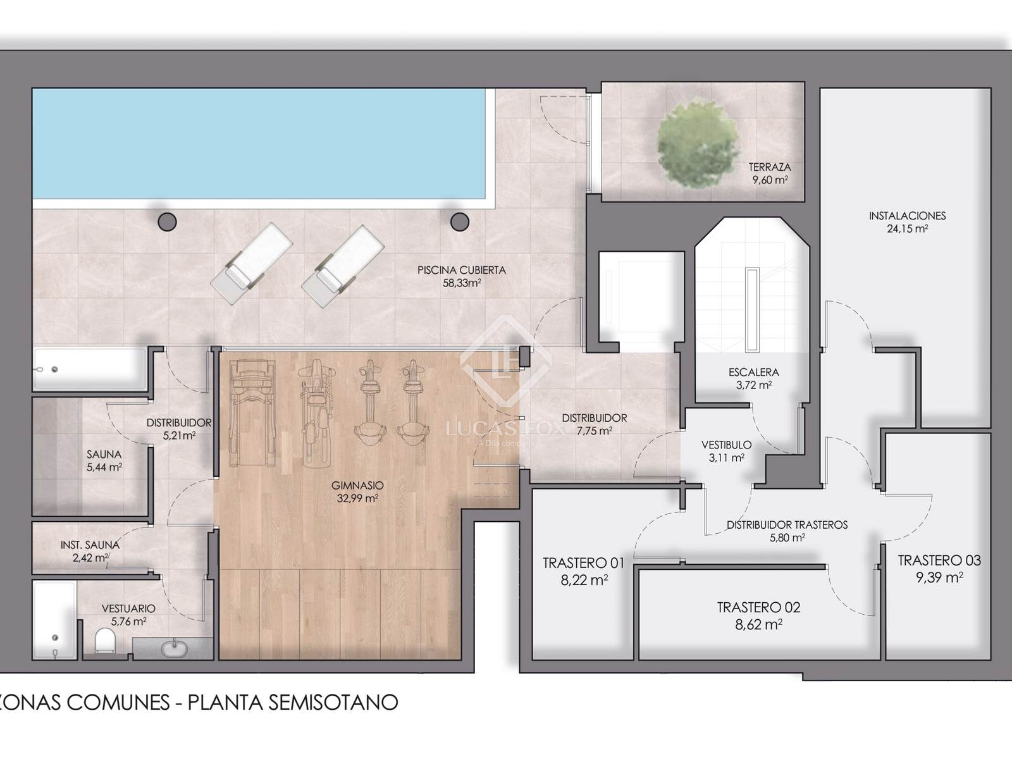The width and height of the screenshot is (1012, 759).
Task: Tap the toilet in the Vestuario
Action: click(104, 641)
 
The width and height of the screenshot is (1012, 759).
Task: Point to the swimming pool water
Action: click(259, 144)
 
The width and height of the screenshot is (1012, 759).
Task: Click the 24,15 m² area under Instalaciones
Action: click(908, 228)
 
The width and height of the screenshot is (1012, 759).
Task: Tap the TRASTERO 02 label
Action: click(758, 607)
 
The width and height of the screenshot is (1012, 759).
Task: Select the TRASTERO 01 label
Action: click(584, 563)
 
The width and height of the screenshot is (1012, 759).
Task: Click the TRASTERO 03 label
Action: click(939, 560)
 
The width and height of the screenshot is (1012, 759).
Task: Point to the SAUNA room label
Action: click(104, 454)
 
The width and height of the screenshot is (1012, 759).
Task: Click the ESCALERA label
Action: click(754, 372)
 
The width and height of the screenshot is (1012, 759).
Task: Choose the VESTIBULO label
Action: click(727, 445)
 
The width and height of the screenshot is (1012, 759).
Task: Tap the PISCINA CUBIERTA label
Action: click(462, 270)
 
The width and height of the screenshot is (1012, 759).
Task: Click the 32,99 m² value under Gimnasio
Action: click(357, 498)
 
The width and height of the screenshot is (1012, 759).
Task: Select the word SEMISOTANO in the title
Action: click(333, 702)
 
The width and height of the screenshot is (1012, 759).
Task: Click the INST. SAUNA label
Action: click(90, 545)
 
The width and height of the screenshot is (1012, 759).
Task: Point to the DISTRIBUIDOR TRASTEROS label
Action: click(787, 524)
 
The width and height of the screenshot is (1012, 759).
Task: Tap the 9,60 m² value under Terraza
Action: click(770, 180)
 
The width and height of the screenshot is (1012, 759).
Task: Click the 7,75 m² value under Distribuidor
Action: click(595, 431)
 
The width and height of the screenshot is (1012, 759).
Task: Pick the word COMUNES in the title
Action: click(118, 702)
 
